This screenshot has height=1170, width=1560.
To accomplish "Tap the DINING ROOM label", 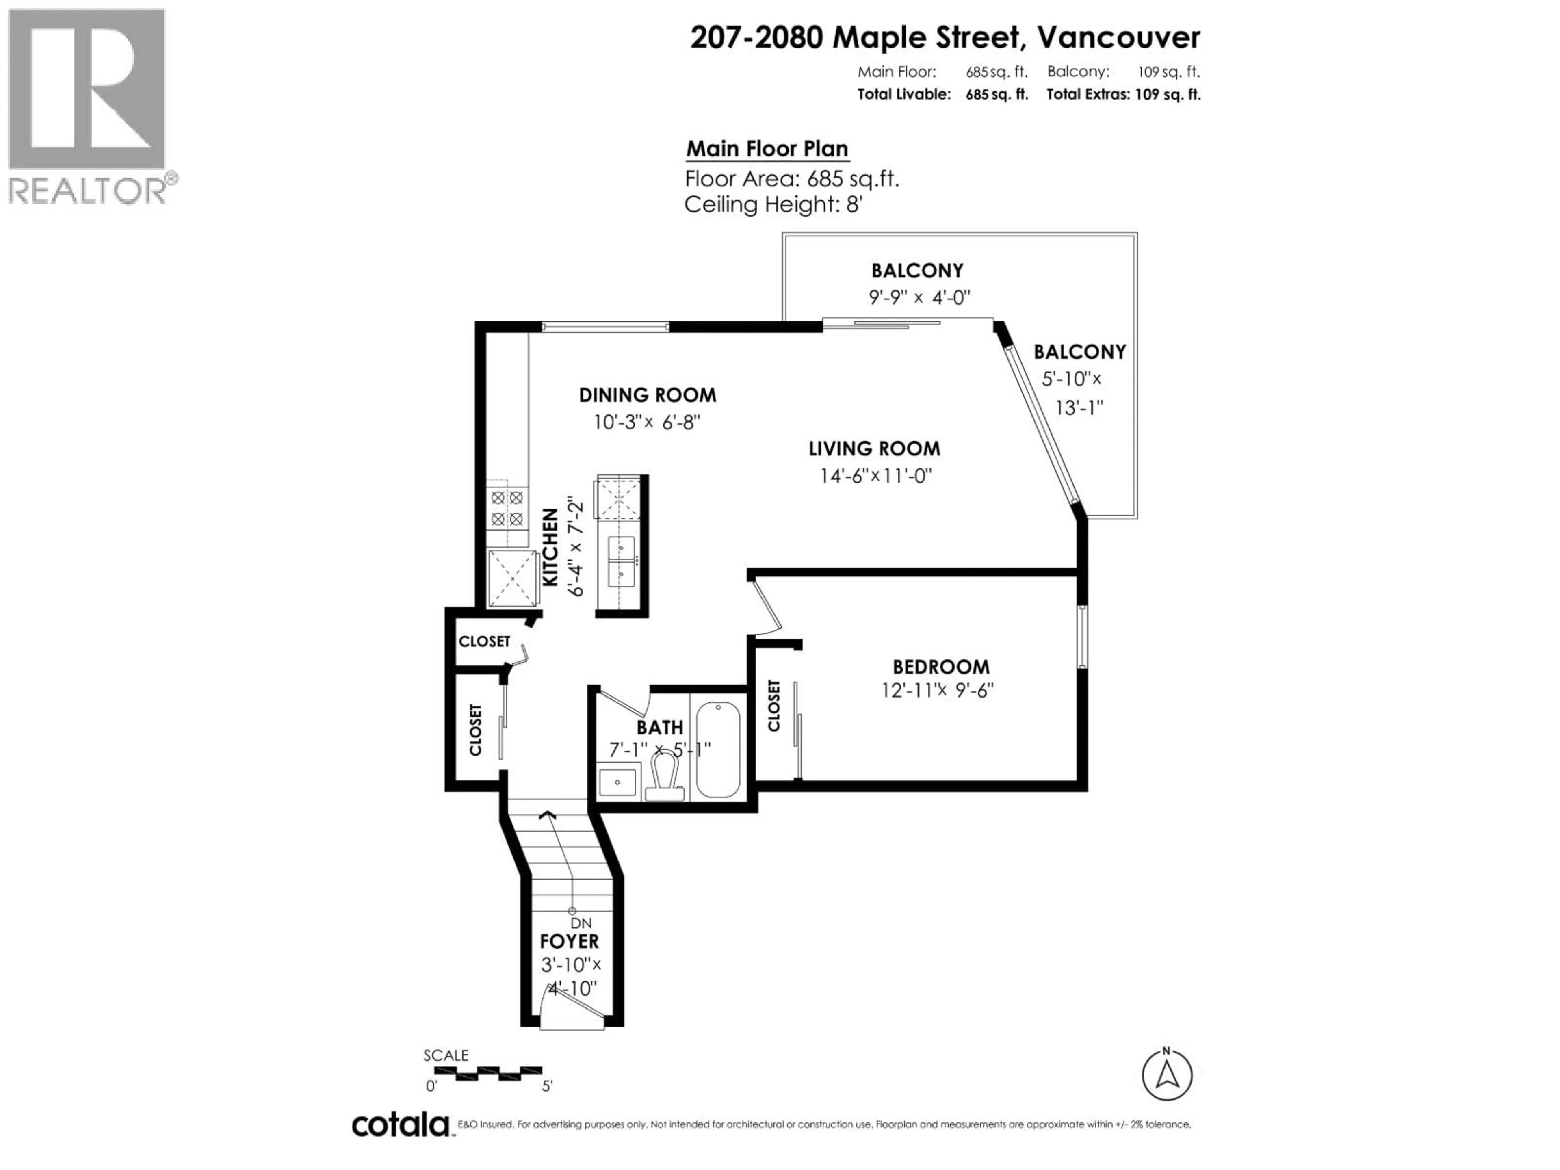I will (x=648, y=395).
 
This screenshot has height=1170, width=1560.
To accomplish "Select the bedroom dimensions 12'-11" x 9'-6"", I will (x=937, y=690).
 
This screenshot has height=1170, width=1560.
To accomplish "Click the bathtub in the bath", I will (x=718, y=749).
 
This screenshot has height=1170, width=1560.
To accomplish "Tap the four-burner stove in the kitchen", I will (x=507, y=509).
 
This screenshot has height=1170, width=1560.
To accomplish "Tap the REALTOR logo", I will (x=87, y=106).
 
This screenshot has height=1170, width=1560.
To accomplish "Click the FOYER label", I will (x=569, y=942).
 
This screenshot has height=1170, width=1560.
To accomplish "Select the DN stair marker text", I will (x=581, y=923).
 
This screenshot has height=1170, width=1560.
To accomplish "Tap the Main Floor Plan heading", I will (x=767, y=149).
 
